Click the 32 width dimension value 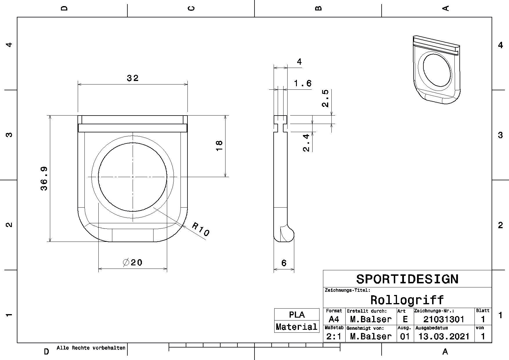(133, 78)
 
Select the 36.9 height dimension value (44, 179)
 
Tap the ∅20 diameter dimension (133, 262)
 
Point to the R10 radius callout (201, 229)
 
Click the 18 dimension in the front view (219, 145)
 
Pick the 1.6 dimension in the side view (303, 84)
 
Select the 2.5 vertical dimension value (325, 98)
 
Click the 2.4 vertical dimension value (306, 143)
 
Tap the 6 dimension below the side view (284, 263)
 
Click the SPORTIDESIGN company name (407, 279)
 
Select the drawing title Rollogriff (407, 300)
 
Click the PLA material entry (297, 315)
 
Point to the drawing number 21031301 (444, 319)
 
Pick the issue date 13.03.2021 (444, 336)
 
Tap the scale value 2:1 (334, 336)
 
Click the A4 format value (334, 319)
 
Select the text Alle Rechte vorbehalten (91, 348)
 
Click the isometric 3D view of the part (436, 70)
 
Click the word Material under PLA (297, 327)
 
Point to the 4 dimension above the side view (299, 62)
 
